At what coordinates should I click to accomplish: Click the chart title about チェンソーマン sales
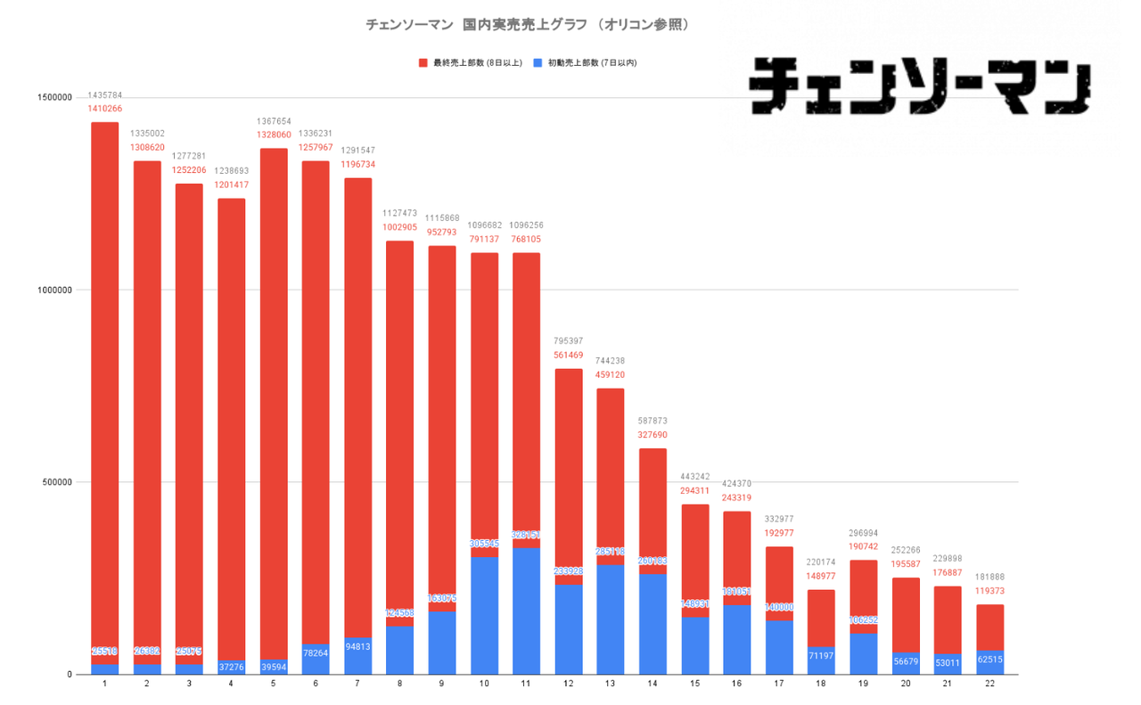click(528, 26)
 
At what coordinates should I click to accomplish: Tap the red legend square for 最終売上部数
click(423, 63)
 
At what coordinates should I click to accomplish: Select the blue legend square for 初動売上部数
click(538, 63)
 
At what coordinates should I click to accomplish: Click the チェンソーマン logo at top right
click(921, 86)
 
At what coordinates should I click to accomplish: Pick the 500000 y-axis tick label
click(56, 482)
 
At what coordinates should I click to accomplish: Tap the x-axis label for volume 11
click(526, 685)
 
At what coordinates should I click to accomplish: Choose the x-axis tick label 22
click(989, 685)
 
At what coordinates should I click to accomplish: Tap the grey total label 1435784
click(105, 94)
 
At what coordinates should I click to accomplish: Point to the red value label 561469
click(568, 355)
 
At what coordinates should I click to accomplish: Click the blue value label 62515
click(989, 660)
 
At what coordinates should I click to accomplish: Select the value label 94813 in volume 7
click(357, 647)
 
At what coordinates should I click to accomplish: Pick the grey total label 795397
click(568, 341)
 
